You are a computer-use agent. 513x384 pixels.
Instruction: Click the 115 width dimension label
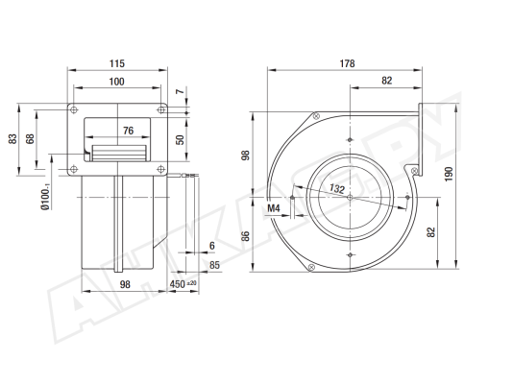pos(117,63)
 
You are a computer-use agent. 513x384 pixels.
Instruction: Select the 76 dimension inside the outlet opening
pos(129,131)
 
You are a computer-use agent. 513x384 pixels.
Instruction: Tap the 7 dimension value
pos(180,91)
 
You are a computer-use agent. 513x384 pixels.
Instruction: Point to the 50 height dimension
pos(180,139)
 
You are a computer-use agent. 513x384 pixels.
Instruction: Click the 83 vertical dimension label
pos(12,138)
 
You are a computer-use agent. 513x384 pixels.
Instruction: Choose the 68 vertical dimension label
pos(30,138)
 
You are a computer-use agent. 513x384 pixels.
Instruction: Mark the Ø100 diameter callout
pos(45,197)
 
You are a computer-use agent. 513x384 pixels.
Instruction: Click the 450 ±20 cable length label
pos(183,284)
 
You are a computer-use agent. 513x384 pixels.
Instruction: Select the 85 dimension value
pos(214,265)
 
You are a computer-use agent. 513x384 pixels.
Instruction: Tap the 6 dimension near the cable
pos(212,246)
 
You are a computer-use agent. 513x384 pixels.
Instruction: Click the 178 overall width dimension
pos(347,63)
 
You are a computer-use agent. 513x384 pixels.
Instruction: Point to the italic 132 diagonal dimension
pos(337,188)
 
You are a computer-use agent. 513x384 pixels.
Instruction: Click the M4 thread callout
pos(274,208)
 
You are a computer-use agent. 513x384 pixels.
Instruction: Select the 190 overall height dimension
pos(449,174)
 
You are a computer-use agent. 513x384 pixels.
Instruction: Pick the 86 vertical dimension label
pos(245,236)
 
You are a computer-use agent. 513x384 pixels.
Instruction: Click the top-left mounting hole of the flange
pos(74,109)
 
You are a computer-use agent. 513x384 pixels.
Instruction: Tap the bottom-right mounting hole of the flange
pos(160,169)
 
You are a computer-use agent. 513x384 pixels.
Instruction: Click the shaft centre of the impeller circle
pos(350,197)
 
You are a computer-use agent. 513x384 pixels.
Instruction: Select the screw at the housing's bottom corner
pos(311,267)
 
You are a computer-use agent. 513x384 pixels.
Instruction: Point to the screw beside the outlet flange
pos(414,170)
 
